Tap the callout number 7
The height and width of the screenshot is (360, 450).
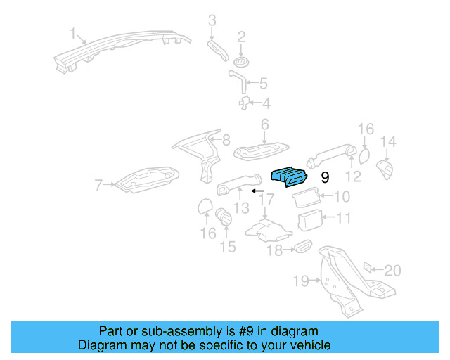(99, 186)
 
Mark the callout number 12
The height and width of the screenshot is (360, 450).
(354, 176)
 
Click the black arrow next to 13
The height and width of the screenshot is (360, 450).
(258, 191)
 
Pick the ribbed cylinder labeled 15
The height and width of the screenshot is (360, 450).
(224, 217)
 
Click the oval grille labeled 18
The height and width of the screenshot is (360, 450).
(302, 246)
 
